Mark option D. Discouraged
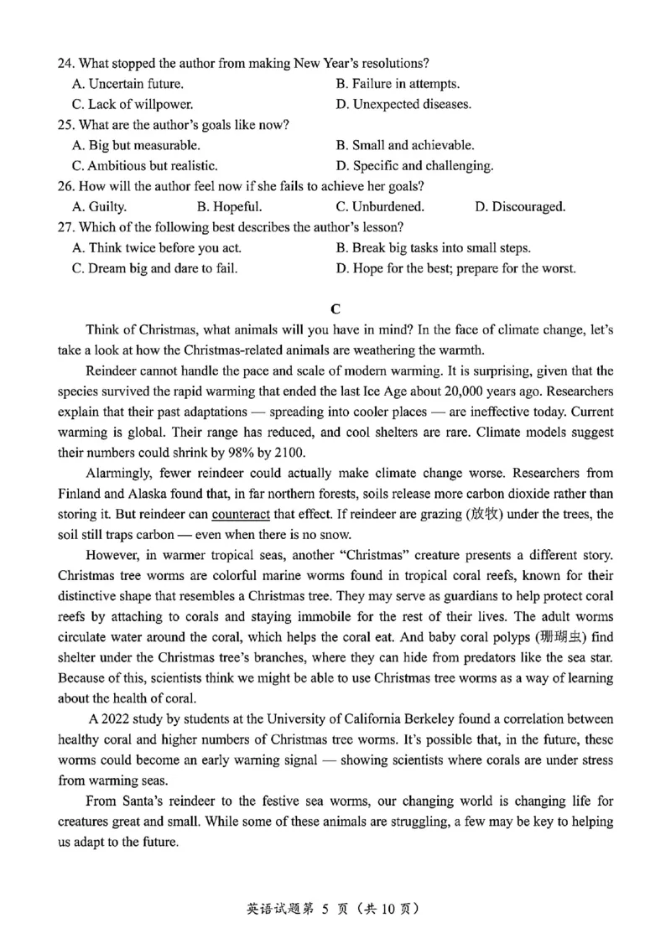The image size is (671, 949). click(x=520, y=206)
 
